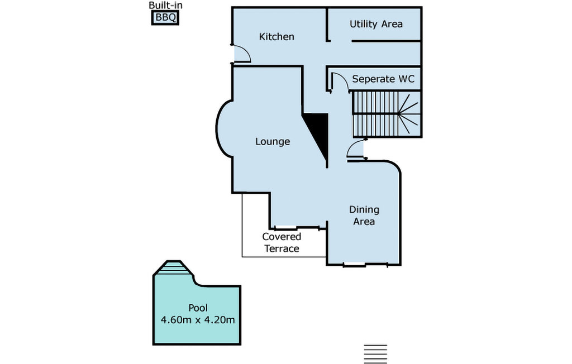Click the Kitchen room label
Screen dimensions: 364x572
tap(277, 37)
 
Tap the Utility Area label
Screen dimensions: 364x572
tap(376, 24)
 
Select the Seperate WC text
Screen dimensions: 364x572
tap(383, 79)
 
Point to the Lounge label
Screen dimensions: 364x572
tap(273, 141)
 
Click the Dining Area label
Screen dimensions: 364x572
tap(364, 215)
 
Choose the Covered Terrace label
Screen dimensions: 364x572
tap(282, 243)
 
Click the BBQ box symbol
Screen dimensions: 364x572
tap(165, 18)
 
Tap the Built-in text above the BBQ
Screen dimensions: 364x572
tap(165, 6)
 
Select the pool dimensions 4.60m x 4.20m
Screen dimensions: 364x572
tap(197, 320)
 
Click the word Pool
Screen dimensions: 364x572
tap(198, 308)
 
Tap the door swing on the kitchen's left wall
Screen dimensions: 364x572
tap(241, 54)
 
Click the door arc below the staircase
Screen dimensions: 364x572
tap(355, 150)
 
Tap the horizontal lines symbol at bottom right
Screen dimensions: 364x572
tap(375, 353)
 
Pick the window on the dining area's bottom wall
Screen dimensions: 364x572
tap(354, 264)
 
